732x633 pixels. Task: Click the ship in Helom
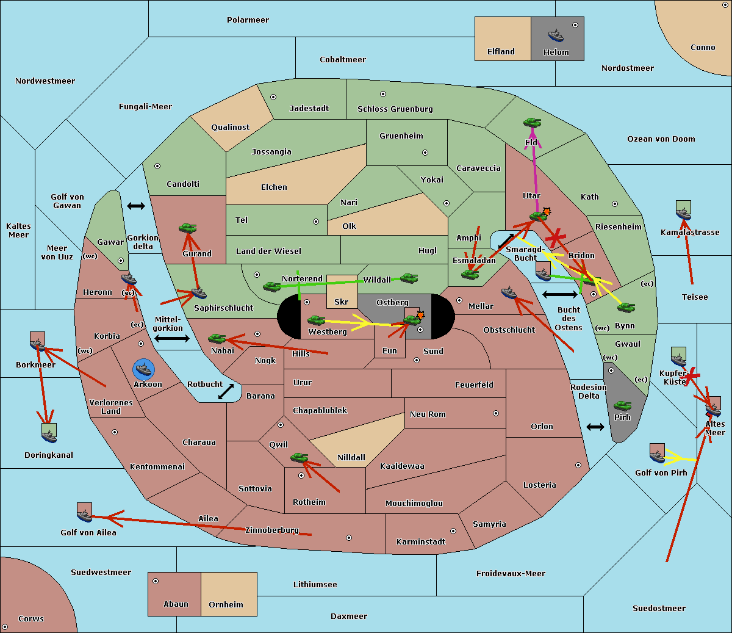coord(556,35)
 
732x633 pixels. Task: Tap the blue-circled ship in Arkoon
coord(143,369)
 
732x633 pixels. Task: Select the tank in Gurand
coord(187,228)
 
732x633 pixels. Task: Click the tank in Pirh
coord(622,405)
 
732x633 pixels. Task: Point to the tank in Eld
coord(533,123)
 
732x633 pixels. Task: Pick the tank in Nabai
coord(217,338)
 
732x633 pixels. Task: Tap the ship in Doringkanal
coord(49,436)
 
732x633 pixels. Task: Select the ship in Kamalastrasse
coord(683,214)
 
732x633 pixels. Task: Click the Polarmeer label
coord(248,20)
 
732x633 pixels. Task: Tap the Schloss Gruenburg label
coord(395,109)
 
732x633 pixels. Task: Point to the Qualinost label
coord(230,127)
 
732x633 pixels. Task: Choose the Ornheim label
coord(226,604)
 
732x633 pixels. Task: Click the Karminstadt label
coord(421,541)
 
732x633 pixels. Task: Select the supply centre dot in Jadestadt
coord(273,97)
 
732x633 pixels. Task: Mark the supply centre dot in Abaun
coord(156,581)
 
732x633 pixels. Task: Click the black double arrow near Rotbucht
coord(226,391)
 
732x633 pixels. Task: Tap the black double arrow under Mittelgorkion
coord(172,339)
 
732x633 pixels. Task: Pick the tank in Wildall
coord(409,278)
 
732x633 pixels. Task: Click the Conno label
coord(703,48)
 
